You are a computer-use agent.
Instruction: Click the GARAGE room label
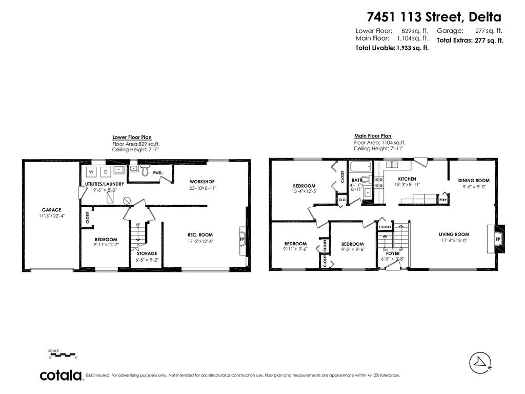click(x=51, y=210)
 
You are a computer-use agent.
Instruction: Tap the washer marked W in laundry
click(x=91, y=171)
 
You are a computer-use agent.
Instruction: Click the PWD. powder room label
click(x=157, y=173)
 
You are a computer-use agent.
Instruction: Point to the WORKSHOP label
click(x=202, y=182)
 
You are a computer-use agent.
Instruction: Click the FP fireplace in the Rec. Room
click(x=242, y=239)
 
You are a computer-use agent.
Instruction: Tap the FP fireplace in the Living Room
click(x=497, y=240)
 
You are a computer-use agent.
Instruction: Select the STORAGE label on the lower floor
click(x=147, y=253)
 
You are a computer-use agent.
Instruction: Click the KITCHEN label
click(x=407, y=179)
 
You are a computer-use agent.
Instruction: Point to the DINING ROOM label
click(x=474, y=181)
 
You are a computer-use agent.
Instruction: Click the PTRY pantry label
click(x=443, y=200)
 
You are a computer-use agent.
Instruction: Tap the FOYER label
click(x=393, y=253)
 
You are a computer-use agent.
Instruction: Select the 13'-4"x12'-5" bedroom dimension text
click(x=304, y=192)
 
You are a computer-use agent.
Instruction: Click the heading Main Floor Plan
click(x=372, y=136)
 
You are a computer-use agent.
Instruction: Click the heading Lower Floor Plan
click(x=132, y=137)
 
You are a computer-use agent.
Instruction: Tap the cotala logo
click(x=62, y=375)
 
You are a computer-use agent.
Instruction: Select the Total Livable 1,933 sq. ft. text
click(x=392, y=48)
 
